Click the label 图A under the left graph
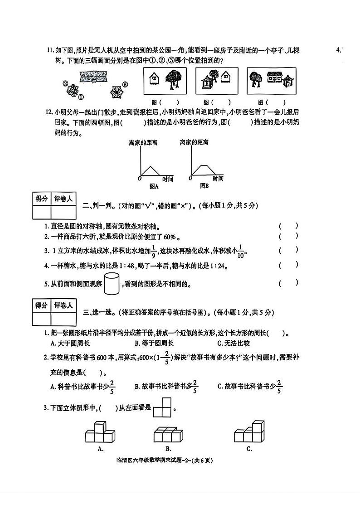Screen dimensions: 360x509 [154, 186]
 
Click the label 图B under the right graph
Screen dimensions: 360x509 [204, 186]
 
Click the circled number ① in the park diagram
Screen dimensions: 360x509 [81, 97]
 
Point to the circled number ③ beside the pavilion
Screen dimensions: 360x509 [126, 84]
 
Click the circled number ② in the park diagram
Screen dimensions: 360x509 [66, 84]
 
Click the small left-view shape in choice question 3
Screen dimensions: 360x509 [161, 407]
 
